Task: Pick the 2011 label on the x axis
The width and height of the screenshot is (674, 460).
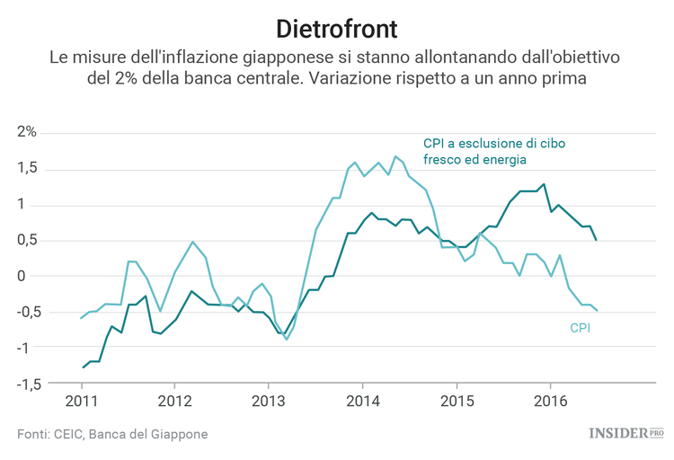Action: pyautogui.click(x=82, y=400)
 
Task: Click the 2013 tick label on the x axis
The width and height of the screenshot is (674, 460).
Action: pyautogui.click(x=268, y=400)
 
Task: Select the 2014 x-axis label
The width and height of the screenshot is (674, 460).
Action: pyautogui.click(x=362, y=400)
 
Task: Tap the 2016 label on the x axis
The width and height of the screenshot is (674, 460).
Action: pyautogui.click(x=550, y=400)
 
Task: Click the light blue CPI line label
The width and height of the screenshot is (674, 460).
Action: pyautogui.click(x=580, y=329)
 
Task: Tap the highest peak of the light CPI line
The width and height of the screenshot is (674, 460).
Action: pyautogui.click(x=395, y=156)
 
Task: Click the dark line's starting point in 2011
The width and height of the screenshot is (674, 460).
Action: pyautogui.click(x=83, y=367)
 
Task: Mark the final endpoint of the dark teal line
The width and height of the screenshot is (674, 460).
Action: pyautogui.click(x=597, y=240)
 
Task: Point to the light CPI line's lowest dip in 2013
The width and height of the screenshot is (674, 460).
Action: pyautogui.click(x=287, y=339)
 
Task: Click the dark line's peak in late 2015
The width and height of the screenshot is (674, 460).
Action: pyautogui.click(x=544, y=184)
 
